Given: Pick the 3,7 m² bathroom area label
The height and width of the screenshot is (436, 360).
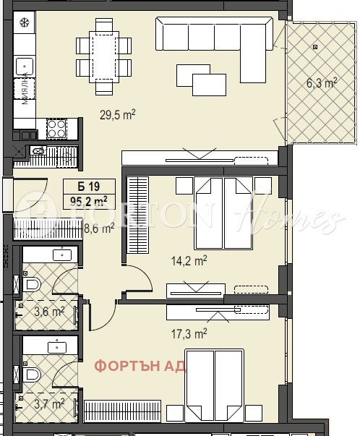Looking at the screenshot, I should (x=50, y=403).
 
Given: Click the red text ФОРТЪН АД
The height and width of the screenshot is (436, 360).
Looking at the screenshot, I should (x=140, y=365).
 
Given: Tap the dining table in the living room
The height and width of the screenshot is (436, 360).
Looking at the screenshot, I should (x=105, y=56).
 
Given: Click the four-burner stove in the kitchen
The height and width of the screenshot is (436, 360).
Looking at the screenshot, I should (x=56, y=129).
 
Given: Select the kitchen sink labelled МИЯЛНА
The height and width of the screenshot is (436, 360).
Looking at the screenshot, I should (x=27, y=82).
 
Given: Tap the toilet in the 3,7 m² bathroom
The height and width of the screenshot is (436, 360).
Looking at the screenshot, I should (x=32, y=375).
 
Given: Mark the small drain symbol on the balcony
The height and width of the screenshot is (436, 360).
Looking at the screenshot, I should (x=315, y=47).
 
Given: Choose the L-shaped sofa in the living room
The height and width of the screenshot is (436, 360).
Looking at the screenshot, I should (x=217, y=40).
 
